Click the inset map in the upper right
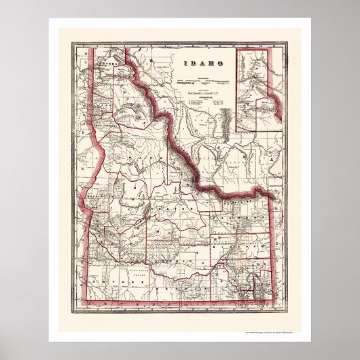point(258,88)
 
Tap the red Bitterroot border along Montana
point(173,136)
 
